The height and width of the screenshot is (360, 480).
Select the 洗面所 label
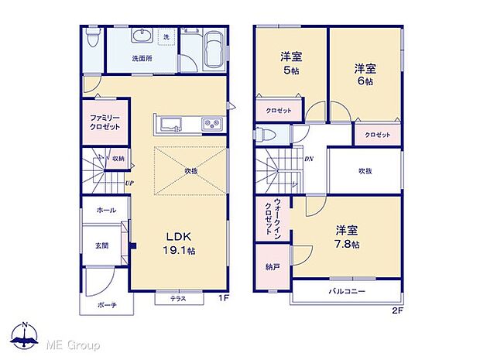(x=142, y=58)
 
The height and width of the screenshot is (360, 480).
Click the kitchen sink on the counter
(x=169, y=124)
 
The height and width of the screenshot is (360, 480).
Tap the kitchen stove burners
(x=212, y=124)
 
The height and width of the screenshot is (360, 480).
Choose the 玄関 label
(x=101, y=245)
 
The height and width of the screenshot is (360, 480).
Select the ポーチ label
(x=107, y=305)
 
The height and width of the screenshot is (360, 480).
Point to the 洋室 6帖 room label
(x=365, y=74)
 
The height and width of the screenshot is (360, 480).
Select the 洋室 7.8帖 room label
(x=346, y=236)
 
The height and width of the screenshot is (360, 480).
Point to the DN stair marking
(x=308, y=159)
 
